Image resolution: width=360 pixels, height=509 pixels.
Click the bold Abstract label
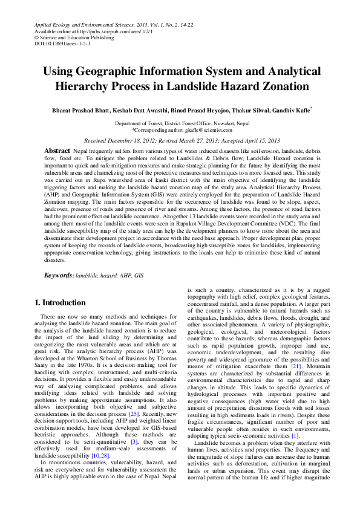click(x=57, y=149)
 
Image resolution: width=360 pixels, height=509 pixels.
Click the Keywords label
click(x=58, y=275)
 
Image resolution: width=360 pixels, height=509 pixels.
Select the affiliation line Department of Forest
click(x=180, y=123)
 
